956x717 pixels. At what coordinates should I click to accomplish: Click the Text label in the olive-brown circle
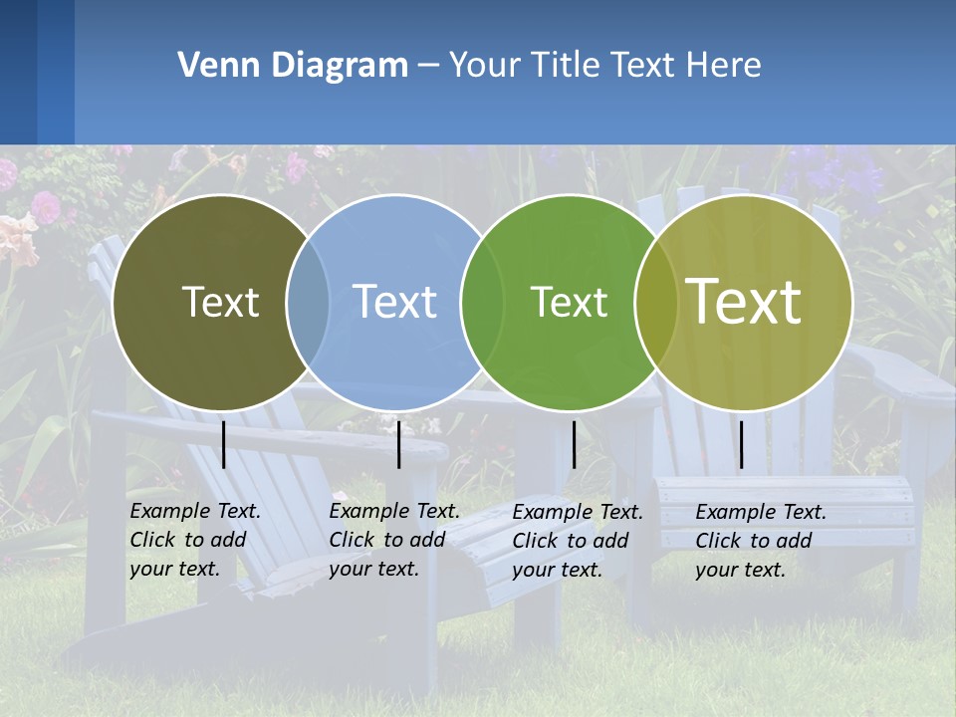point(220,302)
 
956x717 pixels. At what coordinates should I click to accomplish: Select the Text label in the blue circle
point(394,302)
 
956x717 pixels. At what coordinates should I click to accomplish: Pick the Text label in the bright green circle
point(569,302)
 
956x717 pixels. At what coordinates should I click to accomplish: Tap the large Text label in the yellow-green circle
point(744,302)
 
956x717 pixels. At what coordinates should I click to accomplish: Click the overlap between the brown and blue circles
point(308,303)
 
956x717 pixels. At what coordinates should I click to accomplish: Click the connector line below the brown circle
point(224,444)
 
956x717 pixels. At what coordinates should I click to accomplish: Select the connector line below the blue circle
point(398,444)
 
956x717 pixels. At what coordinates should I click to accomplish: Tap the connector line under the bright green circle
point(574,444)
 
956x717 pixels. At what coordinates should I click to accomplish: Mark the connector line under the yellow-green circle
point(742,444)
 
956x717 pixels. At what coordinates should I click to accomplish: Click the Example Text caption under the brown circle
point(195,540)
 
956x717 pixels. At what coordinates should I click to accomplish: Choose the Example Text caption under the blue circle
point(394,540)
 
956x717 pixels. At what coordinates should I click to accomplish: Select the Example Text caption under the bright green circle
point(578,541)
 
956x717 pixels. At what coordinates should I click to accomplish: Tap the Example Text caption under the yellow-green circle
point(761,541)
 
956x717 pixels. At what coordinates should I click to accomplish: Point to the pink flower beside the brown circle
point(45,207)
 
